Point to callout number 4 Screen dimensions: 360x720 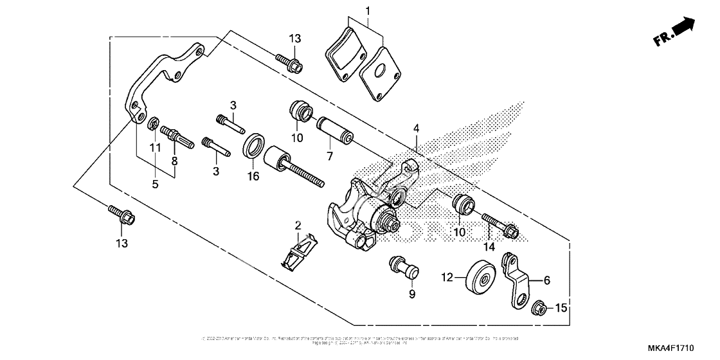click(417, 129)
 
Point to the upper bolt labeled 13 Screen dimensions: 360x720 click(290, 62)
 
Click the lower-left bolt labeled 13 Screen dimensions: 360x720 click(123, 215)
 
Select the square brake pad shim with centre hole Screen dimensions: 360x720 click(380, 73)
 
